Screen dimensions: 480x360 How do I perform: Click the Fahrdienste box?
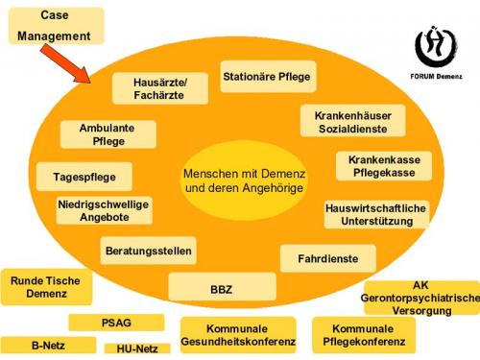(x=321, y=257)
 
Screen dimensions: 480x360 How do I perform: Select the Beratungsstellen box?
(x=148, y=252)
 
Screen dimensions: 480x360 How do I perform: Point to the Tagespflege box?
(x=84, y=177)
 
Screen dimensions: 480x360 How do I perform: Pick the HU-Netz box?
(x=130, y=348)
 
